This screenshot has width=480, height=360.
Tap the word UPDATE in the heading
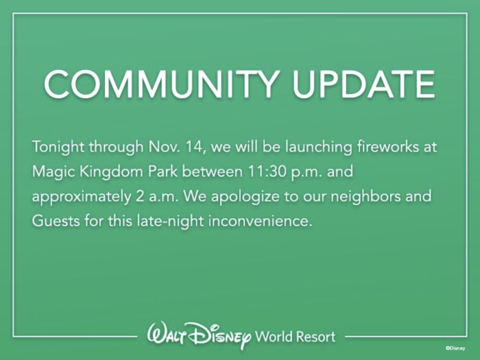(x=363, y=84)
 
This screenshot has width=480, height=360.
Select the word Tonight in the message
(x=58, y=147)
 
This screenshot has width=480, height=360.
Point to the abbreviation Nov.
(x=165, y=146)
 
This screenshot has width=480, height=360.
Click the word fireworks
(x=388, y=146)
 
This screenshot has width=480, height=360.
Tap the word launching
(x=319, y=147)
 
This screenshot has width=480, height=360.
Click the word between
(x=212, y=171)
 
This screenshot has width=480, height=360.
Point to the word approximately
(x=82, y=197)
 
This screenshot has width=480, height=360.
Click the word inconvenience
(x=260, y=221)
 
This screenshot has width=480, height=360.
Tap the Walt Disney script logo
(x=199, y=336)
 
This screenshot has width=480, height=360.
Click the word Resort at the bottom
(x=316, y=337)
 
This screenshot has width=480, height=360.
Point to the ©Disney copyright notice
(x=455, y=348)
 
